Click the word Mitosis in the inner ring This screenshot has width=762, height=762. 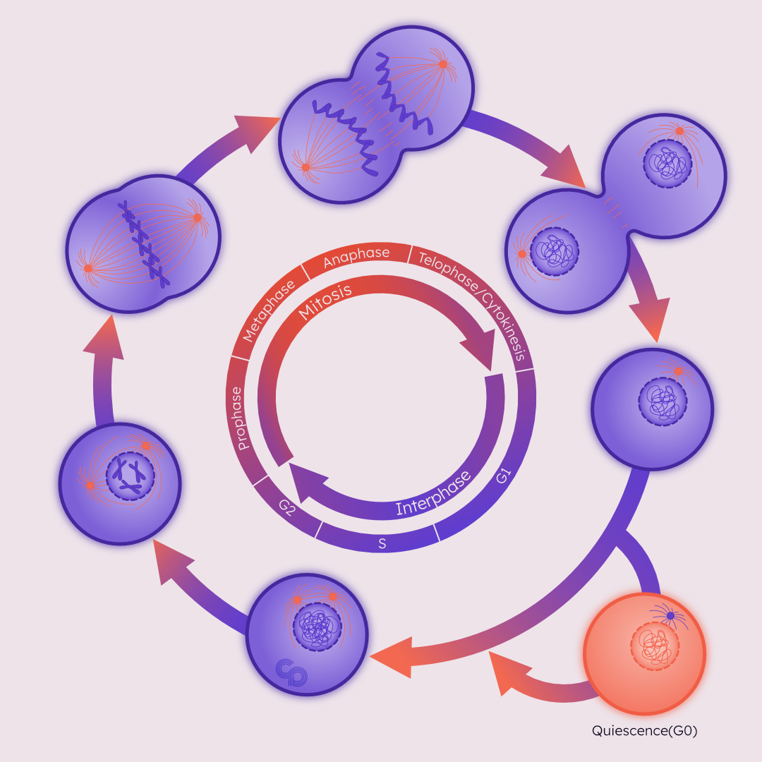pyautogui.click(x=326, y=304)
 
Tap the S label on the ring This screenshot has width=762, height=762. pyautogui.click(x=382, y=544)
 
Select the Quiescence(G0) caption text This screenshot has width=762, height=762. pyautogui.click(x=644, y=731)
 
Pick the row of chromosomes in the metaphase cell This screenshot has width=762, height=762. pyautogui.click(x=143, y=244)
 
